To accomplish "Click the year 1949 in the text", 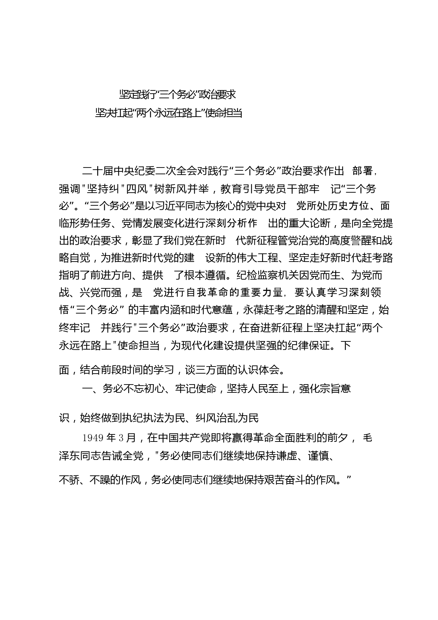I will [93, 438].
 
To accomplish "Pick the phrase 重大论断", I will [310, 223].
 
